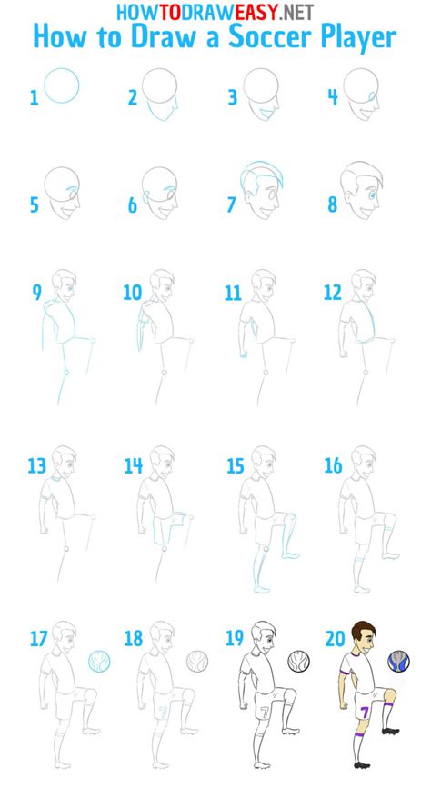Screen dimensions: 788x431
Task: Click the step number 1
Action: click(x=35, y=97)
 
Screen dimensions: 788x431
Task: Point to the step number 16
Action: click(x=333, y=466)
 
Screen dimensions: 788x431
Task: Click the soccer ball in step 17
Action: click(x=99, y=660)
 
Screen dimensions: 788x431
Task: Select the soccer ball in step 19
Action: click(x=298, y=660)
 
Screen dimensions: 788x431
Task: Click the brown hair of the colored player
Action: click(x=361, y=628)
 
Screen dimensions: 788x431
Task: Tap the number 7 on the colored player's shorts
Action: click(x=364, y=710)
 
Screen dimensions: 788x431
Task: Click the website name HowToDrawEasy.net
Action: click(x=215, y=11)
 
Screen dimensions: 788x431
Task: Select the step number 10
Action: click(x=134, y=293)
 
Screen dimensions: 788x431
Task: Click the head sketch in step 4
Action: click(x=361, y=89)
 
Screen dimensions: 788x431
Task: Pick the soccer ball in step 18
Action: click(x=198, y=660)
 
